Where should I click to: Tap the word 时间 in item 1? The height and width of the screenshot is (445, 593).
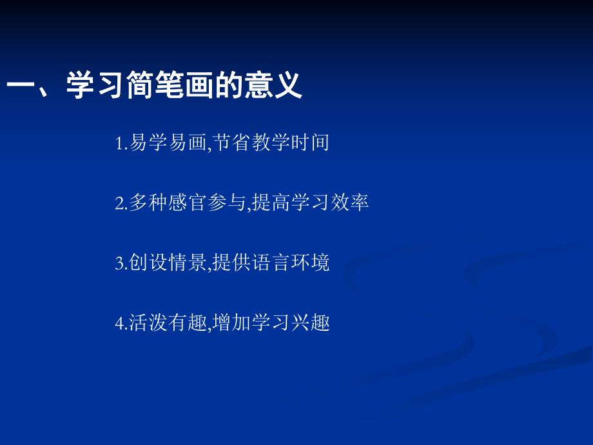(315, 143)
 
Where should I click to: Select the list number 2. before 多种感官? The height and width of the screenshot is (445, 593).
(121, 204)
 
